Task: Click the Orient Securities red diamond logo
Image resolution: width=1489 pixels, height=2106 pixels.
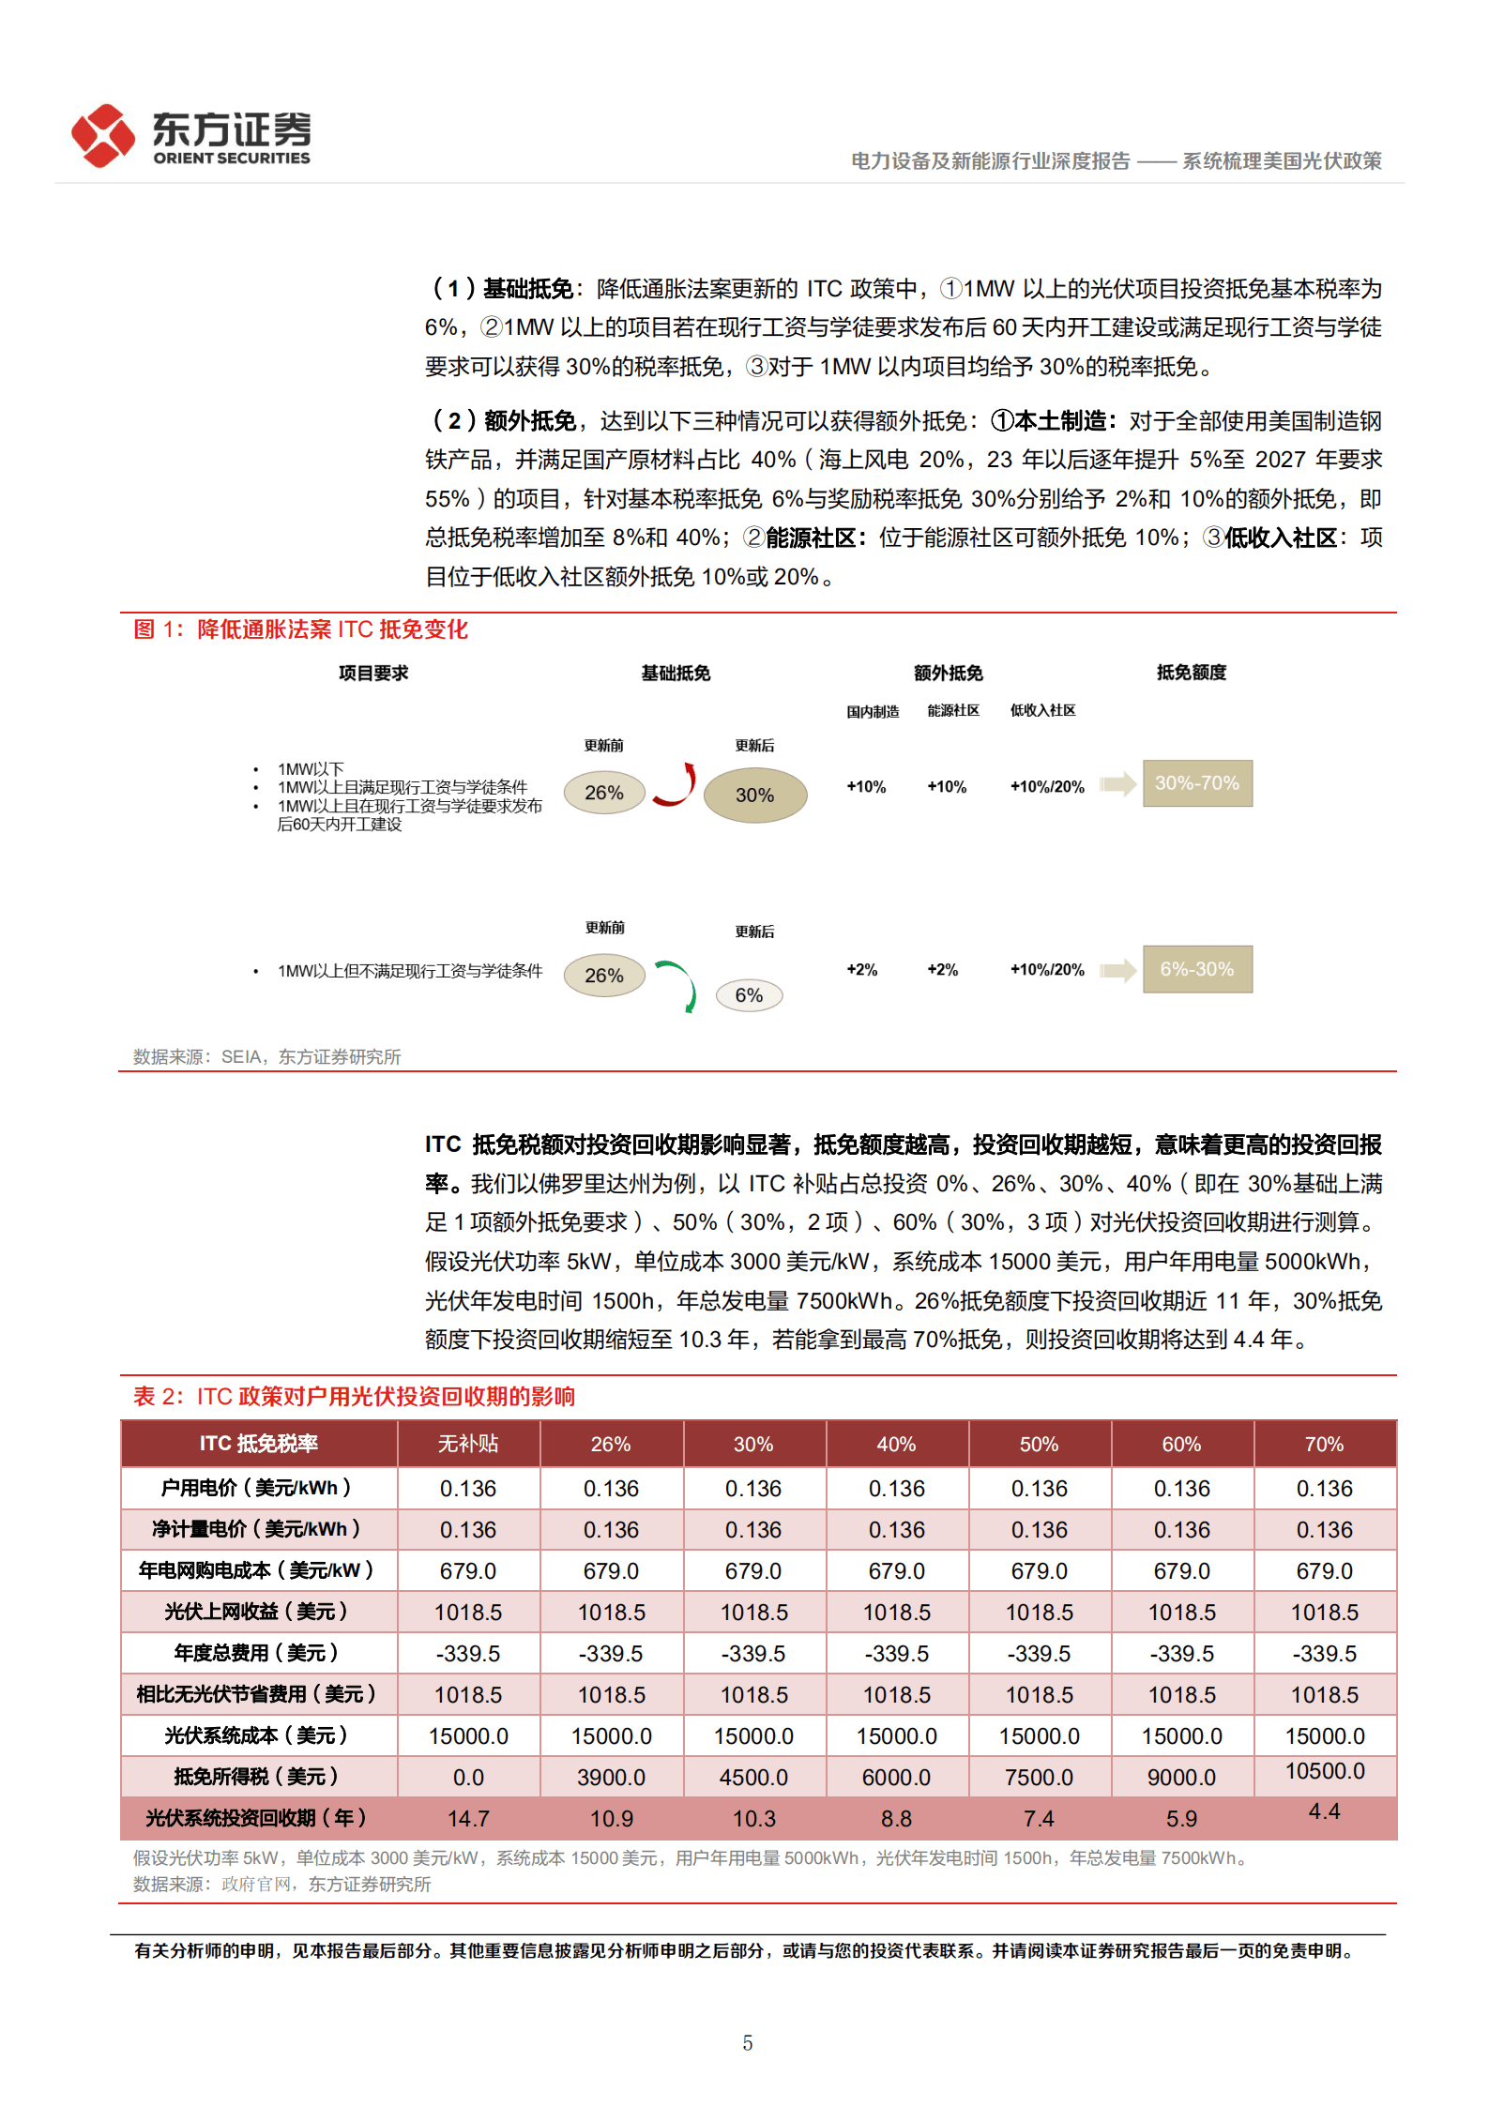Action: pyautogui.click(x=103, y=136)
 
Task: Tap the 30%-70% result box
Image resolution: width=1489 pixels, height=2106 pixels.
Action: pyautogui.click(x=1196, y=783)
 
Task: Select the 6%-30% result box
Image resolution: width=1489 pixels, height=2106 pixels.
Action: pyautogui.click(x=1196, y=969)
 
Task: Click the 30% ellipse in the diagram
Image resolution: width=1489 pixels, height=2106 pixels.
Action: pyautogui.click(x=754, y=795)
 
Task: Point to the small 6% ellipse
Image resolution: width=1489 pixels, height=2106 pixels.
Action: pyautogui.click(x=749, y=995)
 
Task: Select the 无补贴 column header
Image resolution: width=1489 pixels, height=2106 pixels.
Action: pyautogui.click(x=468, y=1444)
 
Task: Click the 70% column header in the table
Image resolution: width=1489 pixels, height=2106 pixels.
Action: pyautogui.click(x=1324, y=1444)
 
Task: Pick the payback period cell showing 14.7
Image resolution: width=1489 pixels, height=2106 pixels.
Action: pyautogui.click(x=468, y=1818)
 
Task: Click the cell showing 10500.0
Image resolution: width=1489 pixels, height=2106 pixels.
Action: pyautogui.click(x=1324, y=1771)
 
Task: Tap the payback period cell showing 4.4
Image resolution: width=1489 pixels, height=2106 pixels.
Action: pyautogui.click(x=1324, y=1811)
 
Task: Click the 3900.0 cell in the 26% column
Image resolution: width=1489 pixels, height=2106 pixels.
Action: pyautogui.click(x=611, y=1777)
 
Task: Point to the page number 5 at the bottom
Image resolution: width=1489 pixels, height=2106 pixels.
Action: pyautogui.click(x=747, y=2042)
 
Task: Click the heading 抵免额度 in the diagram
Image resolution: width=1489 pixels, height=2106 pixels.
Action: pyautogui.click(x=1191, y=673)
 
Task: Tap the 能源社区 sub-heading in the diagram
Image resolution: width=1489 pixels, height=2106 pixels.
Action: pyautogui.click(x=953, y=711)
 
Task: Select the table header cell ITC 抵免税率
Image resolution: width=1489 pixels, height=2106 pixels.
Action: pyautogui.click(x=258, y=1444)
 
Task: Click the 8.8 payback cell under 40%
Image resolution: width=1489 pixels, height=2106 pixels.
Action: pyautogui.click(x=896, y=1818)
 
